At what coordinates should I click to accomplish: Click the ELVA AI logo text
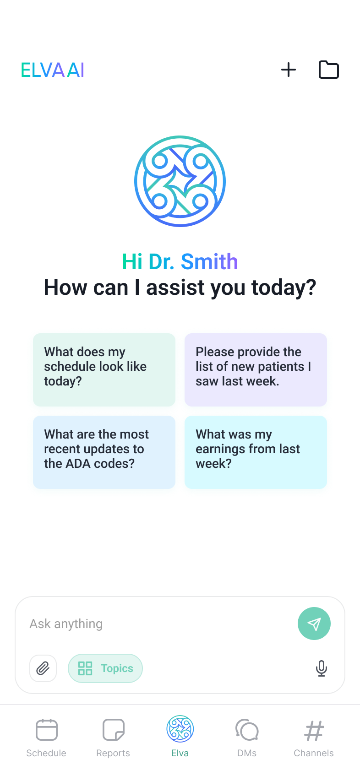point(52,70)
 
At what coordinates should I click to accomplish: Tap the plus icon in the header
point(289,70)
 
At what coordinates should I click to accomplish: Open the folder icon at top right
point(328,70)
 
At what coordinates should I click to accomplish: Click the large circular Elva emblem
point(180,181)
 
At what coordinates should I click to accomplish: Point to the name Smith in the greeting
point(209,261)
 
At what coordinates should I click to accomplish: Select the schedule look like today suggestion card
point(104,369)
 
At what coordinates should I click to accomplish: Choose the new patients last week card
point(256,369)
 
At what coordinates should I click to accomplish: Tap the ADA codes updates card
point(104,452)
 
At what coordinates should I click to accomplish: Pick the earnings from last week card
point(256,452)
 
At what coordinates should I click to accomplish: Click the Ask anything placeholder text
point(66,624)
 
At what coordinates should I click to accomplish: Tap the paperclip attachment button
point(43,668)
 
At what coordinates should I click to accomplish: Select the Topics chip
point(105,668)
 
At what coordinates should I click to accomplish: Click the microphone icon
point(321,668)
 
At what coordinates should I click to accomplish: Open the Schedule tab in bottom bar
point(46,738)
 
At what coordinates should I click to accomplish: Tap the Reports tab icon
point(114,729)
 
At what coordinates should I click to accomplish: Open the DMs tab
point(247,738)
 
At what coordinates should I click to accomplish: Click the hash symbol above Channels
point(314,731)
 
